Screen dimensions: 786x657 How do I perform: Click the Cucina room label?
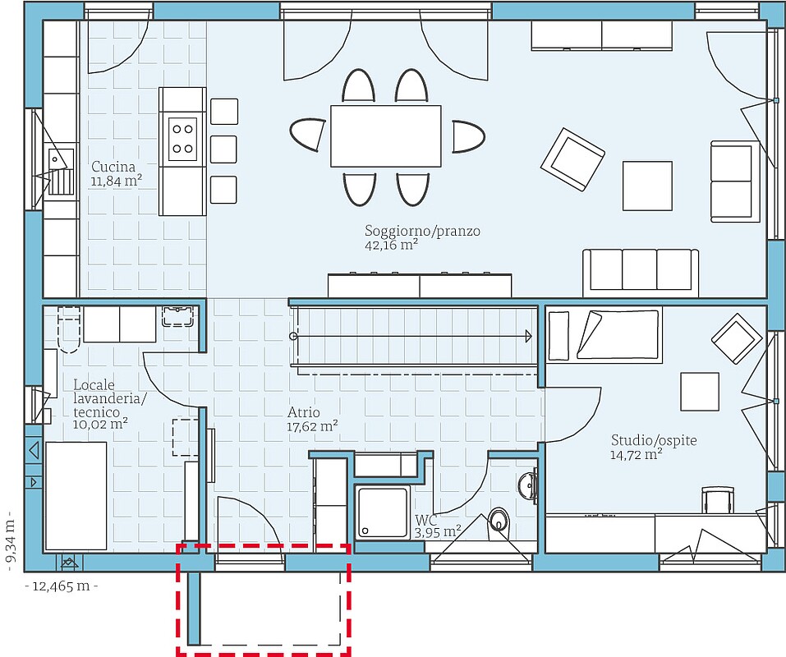[x=113, y=167]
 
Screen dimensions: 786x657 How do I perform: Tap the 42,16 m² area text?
[x=392, y=245]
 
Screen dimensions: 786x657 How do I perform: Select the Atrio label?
[x=304, y=412]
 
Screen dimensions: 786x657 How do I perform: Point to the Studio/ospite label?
[x=654, y=440]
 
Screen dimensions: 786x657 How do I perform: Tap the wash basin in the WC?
[x=528, y=485]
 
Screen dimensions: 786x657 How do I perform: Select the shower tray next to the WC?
[x=383, y=512]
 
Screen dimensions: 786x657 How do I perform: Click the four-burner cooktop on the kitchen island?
[x=182, y=139]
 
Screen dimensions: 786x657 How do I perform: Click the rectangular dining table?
[x=385, y=136]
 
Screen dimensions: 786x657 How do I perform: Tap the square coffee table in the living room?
[x=647, y=186]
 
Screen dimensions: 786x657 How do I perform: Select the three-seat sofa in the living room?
[x=640, y=273]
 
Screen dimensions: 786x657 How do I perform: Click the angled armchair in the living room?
[x=572, y=159]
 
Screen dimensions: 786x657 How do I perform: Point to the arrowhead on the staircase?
[x=528, y=336]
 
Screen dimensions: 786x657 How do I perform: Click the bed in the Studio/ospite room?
[x=604, y=334]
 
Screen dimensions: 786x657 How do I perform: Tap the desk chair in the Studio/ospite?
[x=717, y=499]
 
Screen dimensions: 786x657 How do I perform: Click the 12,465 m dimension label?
[x=61, y=586]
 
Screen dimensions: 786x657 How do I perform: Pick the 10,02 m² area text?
[x=100, y=424]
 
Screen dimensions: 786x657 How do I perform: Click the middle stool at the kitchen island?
[x=223, y=149]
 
